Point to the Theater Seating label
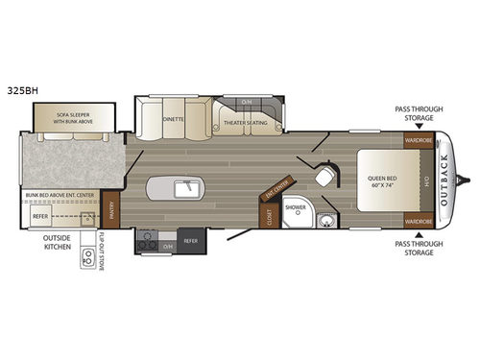pos(243,122)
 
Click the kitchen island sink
pos(186,187)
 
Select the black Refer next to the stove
pos(188,241)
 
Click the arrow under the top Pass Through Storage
pos(419,126)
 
